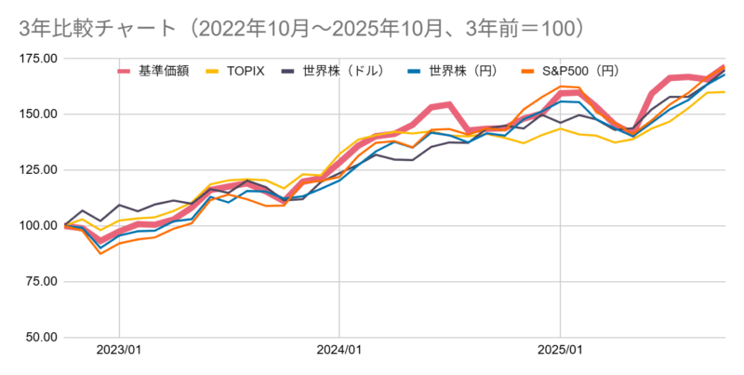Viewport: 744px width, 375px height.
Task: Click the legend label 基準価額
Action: click(x=164, y=71)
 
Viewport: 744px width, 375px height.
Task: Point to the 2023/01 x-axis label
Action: click(x=119, y=351)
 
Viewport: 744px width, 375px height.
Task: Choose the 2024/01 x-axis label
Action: click(x=339, y=351)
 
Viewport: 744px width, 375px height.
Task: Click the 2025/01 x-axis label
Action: click(x=560, y=351)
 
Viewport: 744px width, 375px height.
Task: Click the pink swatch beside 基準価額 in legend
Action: click(x=125, y=71)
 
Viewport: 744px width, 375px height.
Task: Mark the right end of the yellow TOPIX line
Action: click(x=724, y=92)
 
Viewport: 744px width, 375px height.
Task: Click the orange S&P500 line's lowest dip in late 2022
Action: click(x=100, y=253)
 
